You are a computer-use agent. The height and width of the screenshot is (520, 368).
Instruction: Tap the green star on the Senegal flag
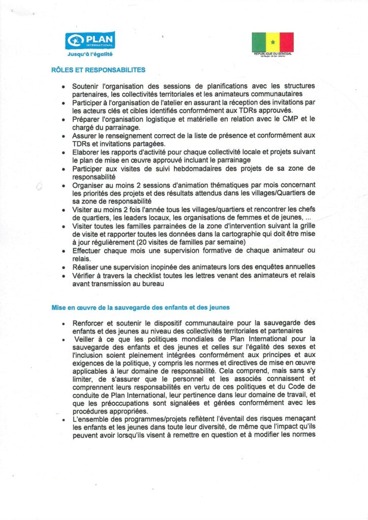[273, 42]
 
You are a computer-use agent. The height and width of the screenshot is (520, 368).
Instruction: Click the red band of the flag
[286, 42]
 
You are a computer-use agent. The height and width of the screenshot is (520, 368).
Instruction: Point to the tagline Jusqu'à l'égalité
[90, 53]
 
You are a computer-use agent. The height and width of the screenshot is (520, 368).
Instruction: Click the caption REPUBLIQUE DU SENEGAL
[273, 53]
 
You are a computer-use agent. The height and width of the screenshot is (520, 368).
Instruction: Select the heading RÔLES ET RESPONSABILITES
[98, 70]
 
